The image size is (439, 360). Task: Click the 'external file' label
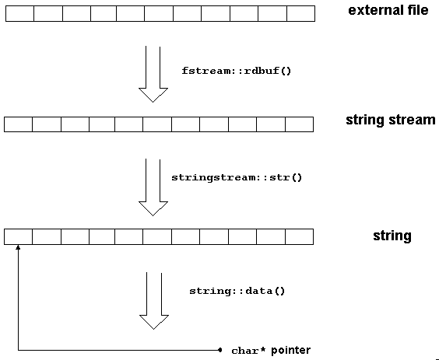[x=388, y=11]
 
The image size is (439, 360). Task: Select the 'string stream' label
[x=390, y=121]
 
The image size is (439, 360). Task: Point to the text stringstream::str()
[x=237, y=177]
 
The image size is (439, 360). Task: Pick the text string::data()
[x=237, y=291]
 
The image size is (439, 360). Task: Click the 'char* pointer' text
[x=270, y=351]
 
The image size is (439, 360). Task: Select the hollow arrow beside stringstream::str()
[x=153, y=187]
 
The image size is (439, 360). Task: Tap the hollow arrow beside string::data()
[x=153, y=300]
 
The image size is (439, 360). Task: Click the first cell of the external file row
[x=19, y=13]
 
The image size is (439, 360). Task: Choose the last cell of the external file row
[x=300, y=13]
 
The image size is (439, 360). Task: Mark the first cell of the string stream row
[x=18, y=124]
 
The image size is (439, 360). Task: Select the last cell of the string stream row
[x=299, y=124]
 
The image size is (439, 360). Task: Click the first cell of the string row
[x=18, y=236]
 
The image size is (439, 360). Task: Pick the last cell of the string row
[x=299, y=236]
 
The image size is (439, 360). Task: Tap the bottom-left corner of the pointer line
[x=16, y=350]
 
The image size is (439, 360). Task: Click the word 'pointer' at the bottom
[x=290, y=351]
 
